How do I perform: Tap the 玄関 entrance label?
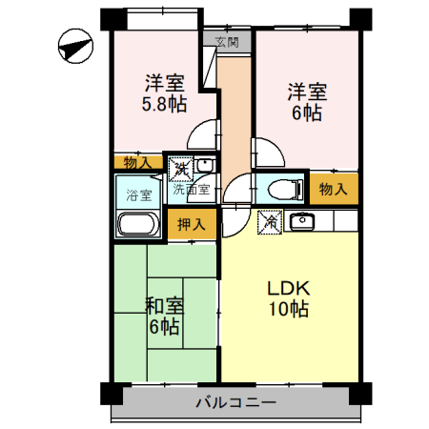coord(227,42)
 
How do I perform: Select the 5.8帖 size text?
coord(164,104)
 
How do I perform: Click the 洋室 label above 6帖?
coord(308,92)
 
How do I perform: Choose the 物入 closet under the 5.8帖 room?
coord(138,163)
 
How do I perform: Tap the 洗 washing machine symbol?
coord(178,169)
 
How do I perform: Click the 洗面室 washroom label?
coord(194,189)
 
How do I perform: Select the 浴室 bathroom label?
coord(138,195)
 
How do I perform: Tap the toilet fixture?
coord(279,189)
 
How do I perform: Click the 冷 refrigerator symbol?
coord(270,221)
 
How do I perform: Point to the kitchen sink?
coord(302,221)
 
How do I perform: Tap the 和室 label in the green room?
coord(164,307)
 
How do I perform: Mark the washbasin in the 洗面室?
coord(203,166)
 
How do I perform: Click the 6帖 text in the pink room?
coord(308,112)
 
